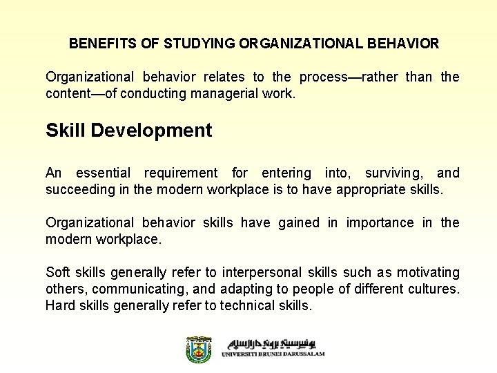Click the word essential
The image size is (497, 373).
coord(104,173)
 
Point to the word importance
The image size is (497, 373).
coord(380,222)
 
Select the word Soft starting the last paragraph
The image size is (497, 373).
coord(57,272)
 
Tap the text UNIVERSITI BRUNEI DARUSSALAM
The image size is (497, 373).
coord(273,354)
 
